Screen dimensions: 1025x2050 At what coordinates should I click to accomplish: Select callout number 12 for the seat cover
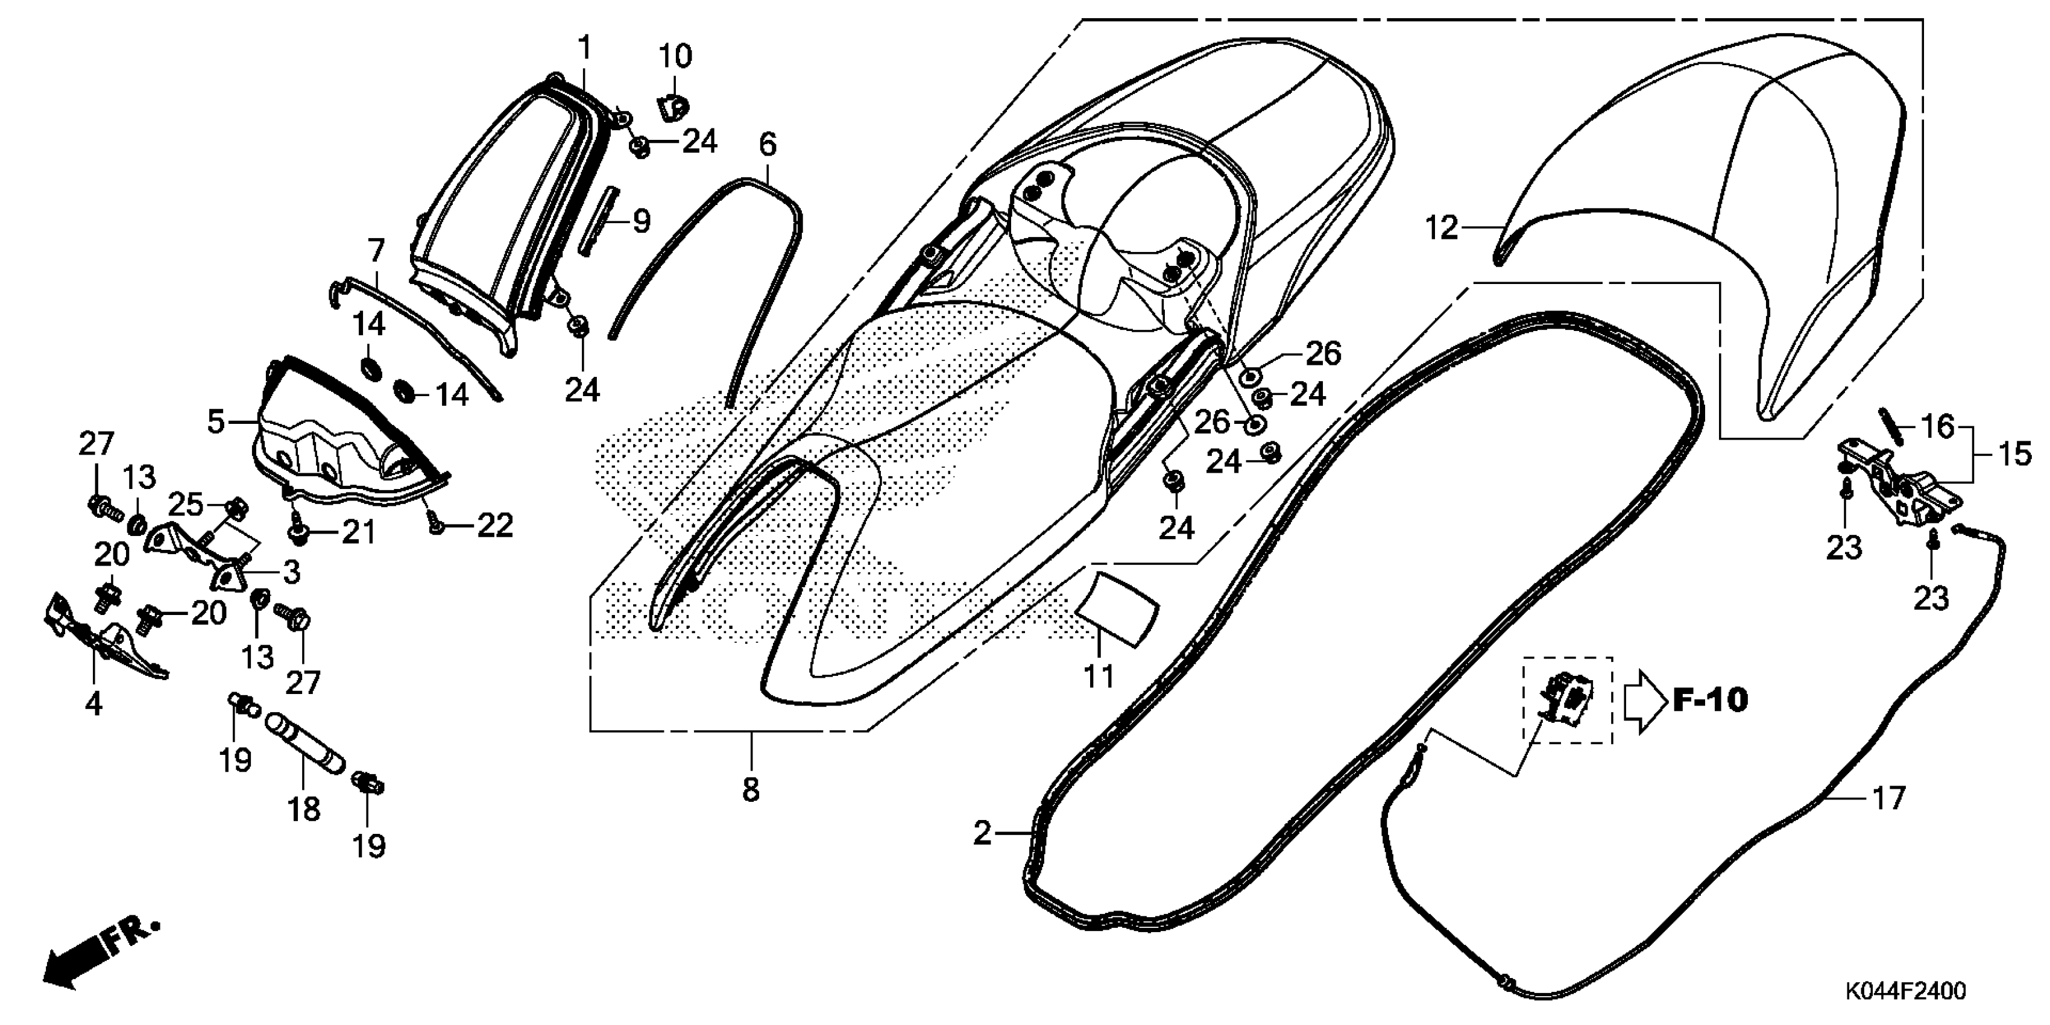(1441, 229)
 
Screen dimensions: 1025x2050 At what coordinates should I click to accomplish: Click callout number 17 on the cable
(1888, 798)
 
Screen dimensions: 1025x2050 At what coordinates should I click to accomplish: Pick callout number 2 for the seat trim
(983, 833)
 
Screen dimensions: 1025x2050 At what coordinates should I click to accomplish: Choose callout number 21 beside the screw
(358, 532)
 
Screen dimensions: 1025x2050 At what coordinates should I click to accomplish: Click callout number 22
(494, 525)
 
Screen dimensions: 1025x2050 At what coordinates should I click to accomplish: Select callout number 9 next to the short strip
(642, 221)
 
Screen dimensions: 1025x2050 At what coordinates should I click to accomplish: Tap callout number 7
(376, 251)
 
